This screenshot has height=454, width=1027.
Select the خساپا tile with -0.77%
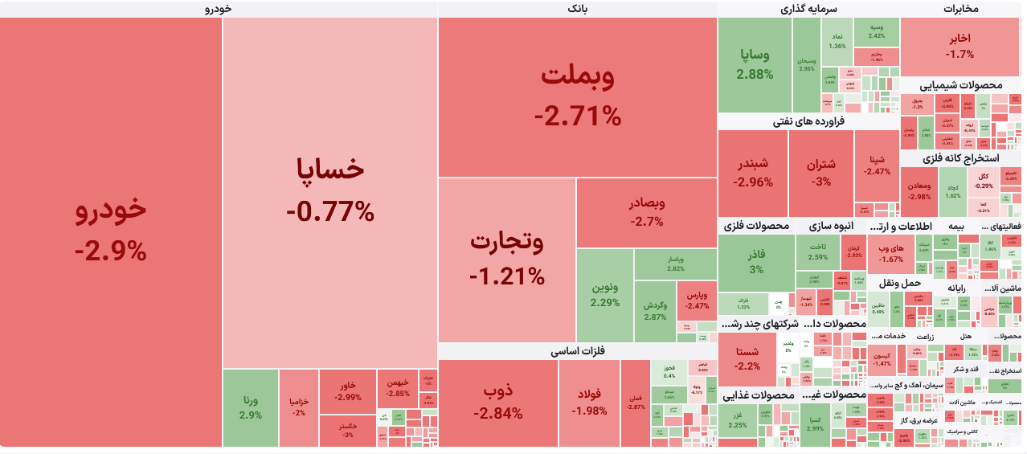(330, 190)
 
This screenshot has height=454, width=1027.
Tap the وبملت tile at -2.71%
(577, 96)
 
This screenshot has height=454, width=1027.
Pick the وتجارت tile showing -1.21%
(507, 259)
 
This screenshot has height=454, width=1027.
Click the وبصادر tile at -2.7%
(647, 212)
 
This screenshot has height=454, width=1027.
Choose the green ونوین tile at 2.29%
(604, 295)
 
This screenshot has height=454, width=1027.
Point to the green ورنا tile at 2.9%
(250, 407)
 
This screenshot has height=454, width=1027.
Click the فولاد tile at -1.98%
(589, 403)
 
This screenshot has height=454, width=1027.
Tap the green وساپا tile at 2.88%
(755, 64)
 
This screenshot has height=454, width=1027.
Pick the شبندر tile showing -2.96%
(752, 173)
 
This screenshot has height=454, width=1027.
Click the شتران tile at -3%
(820, 173)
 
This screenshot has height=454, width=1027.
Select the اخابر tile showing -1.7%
(959, 47)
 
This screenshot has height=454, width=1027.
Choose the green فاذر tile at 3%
(756, 262)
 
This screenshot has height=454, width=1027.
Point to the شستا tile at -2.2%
(747, 358)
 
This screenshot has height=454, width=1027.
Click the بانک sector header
(577, 9)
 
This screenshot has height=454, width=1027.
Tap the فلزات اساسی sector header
(577, 351)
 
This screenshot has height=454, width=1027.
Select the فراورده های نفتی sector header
(808, 121)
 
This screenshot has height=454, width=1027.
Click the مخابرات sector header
(960, 9)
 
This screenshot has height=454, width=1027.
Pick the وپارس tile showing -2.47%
(697, 300)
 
